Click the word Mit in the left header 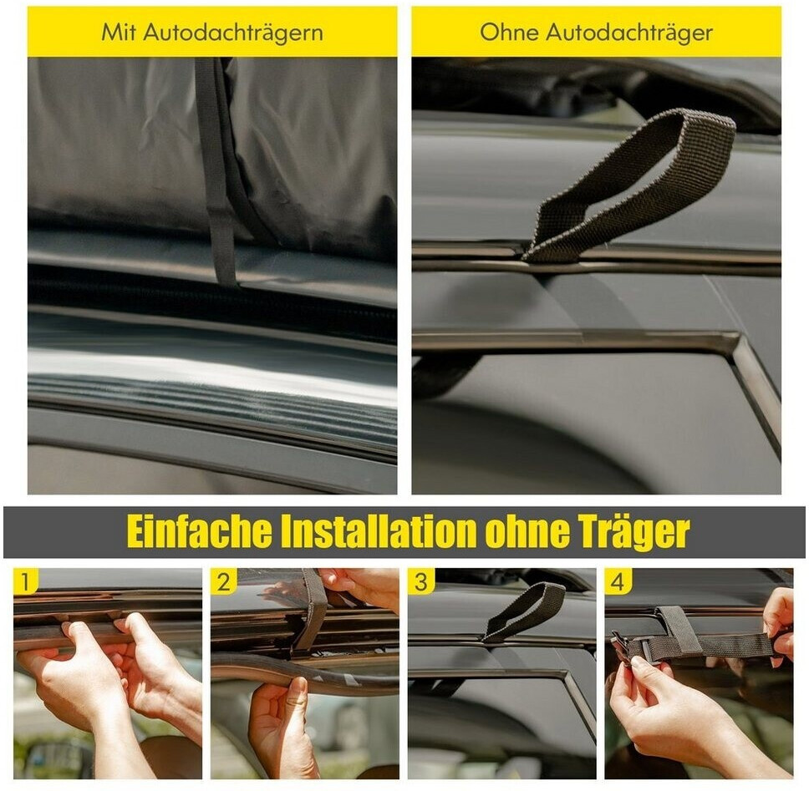(119, 32)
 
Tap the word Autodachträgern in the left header (233, 33)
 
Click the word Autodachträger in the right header (629, 33)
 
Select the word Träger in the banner (629, 533)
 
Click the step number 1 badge (25, 581)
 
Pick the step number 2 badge (223, 581)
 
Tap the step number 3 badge (420, 581)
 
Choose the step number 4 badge (618, 581)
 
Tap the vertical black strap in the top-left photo (216, 170)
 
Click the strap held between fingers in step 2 (313, 607)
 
